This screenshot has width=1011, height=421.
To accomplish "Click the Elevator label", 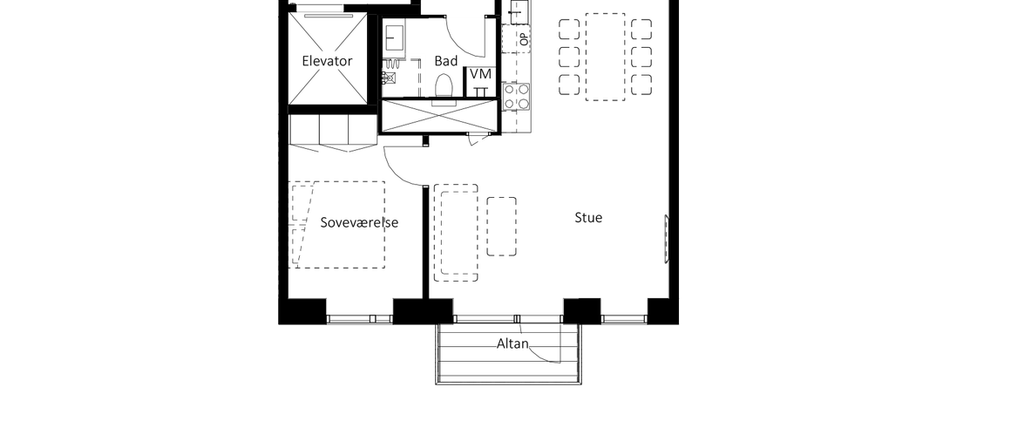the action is click(327, 61).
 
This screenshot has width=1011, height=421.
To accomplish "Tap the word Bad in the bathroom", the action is click(445, 61).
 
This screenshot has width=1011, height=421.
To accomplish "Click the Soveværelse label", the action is click(359, 222).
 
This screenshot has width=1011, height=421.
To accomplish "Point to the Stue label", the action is click(588, 218).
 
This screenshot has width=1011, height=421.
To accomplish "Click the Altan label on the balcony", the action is click(512, 343).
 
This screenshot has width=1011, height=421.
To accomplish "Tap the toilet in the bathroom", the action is click(443, 87).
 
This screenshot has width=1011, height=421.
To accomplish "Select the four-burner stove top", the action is click(517, 96).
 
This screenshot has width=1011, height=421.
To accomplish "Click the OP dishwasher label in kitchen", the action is click(523, 38).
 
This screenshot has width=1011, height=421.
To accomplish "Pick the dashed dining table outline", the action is click(605, 57).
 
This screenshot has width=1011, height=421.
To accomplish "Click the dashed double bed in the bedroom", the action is click(337, 224).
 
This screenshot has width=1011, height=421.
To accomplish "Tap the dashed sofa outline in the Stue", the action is click(456, 233).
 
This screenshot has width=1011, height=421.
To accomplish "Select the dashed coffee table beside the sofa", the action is click(502, 227).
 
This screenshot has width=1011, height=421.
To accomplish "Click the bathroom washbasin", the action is click(394, 38).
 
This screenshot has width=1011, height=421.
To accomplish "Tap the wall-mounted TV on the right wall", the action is click(667, 239).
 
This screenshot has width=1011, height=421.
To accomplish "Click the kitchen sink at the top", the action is click(519, 12).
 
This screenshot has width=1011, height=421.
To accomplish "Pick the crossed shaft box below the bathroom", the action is click(440, 116).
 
